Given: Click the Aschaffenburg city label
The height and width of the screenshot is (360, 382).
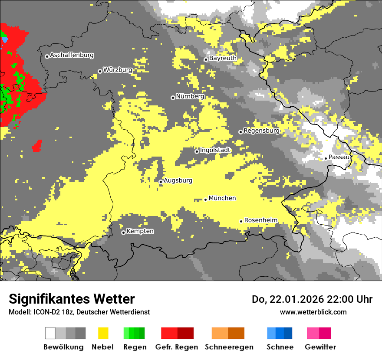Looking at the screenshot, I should pos(72,55).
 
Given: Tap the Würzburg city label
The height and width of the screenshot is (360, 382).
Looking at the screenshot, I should pos(118,70).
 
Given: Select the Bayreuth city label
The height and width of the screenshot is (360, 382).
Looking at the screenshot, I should pos(223,58).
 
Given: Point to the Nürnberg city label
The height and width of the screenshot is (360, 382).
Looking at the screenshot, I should pos(190,96).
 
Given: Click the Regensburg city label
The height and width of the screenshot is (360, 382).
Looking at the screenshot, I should pos(261,131).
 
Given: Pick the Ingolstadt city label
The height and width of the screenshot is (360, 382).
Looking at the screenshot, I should pos(215,150).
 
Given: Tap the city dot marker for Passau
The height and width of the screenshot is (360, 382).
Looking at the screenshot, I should pos(326,158).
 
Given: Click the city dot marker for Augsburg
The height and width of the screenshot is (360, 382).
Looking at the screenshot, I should pos(161,182).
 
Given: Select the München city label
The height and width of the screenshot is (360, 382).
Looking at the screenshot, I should pos(222,198).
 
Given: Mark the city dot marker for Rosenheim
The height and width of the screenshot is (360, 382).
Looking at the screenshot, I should pos(241,221).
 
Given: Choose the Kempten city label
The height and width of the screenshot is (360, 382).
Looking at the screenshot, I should pos(140,231).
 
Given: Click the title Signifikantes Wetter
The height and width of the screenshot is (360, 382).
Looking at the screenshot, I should pos(72,299).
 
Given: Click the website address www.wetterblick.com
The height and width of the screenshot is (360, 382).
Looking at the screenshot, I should pos(313,312).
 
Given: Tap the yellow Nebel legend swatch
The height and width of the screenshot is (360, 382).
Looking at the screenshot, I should pos(103,333).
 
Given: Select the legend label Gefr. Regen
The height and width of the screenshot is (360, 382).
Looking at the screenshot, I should pos(177,347).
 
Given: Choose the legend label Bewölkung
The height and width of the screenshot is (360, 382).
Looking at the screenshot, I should pos(63,347).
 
